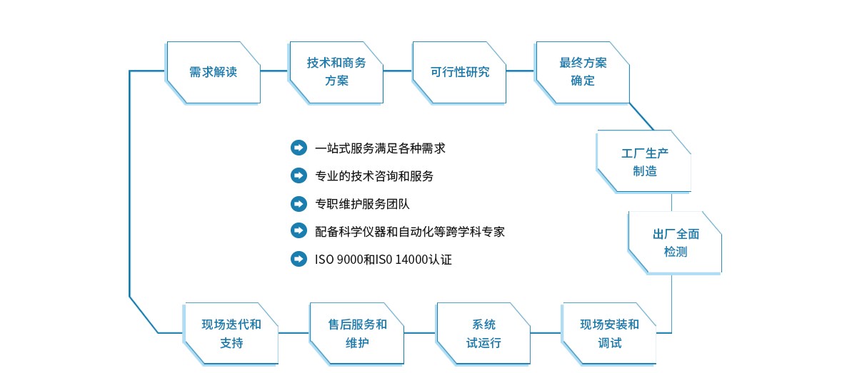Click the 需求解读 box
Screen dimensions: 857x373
tap(213, 73)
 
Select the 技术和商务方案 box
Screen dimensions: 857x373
tap(336, 73)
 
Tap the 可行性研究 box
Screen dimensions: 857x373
tap(459, 73)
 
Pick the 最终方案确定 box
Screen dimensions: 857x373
tap(582, 73)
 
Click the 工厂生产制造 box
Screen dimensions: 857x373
tap(643, 161)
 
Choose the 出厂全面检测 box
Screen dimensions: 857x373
tap(675, 242)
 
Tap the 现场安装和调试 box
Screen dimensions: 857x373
tap(609, 334)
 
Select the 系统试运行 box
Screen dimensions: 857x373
tap(483, 334)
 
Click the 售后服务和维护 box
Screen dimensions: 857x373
tap(356, 334)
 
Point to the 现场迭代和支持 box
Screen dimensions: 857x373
tap(231, 334)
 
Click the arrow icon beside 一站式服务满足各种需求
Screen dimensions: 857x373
tap(299, 148)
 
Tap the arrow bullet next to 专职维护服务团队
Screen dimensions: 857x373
tap(299, 204)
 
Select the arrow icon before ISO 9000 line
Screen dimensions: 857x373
tap(299, 259)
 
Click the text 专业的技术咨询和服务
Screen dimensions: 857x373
tap(374, 176)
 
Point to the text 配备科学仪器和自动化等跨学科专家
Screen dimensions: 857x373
tap(410, 232)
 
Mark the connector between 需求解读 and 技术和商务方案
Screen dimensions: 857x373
tap(274, 71)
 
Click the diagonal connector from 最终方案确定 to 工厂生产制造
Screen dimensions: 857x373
tap(641, 116)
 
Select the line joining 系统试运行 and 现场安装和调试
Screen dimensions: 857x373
tap(546, 333)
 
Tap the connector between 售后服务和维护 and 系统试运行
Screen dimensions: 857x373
tap(420, 333)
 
